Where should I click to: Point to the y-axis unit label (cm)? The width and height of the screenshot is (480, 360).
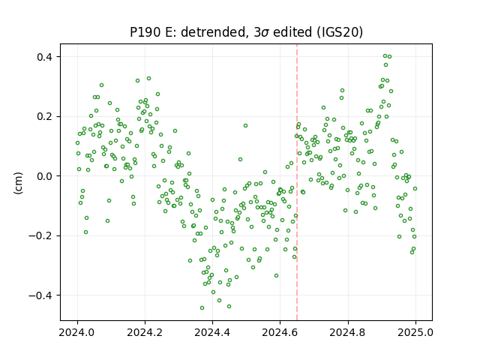(x=18, y=183)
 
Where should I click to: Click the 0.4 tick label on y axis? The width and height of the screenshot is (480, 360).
(x=45, y=57)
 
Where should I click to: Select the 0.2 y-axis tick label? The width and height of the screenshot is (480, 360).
(x=45, y=117)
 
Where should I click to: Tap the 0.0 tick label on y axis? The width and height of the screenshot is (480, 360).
(x=45, y=176)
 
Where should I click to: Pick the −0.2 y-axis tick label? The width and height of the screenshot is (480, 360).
(x=41, y=236)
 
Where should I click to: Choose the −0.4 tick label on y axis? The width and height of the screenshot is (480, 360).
(x=41, y=295)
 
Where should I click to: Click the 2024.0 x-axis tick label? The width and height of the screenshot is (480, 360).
(x=77, y=332)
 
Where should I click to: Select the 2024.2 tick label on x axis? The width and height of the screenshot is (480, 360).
(x=145, y=332)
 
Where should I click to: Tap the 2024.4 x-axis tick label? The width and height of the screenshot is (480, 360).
(x=212, y=332)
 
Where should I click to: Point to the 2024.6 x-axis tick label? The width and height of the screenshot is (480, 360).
(x=280, y=332)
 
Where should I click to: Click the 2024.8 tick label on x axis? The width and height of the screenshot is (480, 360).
(x=347, y=332)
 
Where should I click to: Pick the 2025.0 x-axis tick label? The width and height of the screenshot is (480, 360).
(x=415, y=332)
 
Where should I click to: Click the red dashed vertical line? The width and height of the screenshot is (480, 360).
(x=297, y=182)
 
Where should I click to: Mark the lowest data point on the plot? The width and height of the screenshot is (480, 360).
(x=202, y=308)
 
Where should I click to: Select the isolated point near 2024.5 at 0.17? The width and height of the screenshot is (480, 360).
(x=245, y=126)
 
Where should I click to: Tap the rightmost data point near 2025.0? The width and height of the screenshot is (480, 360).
(x=415, y=189)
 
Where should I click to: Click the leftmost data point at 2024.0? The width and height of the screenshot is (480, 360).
(x=77, y=143)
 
